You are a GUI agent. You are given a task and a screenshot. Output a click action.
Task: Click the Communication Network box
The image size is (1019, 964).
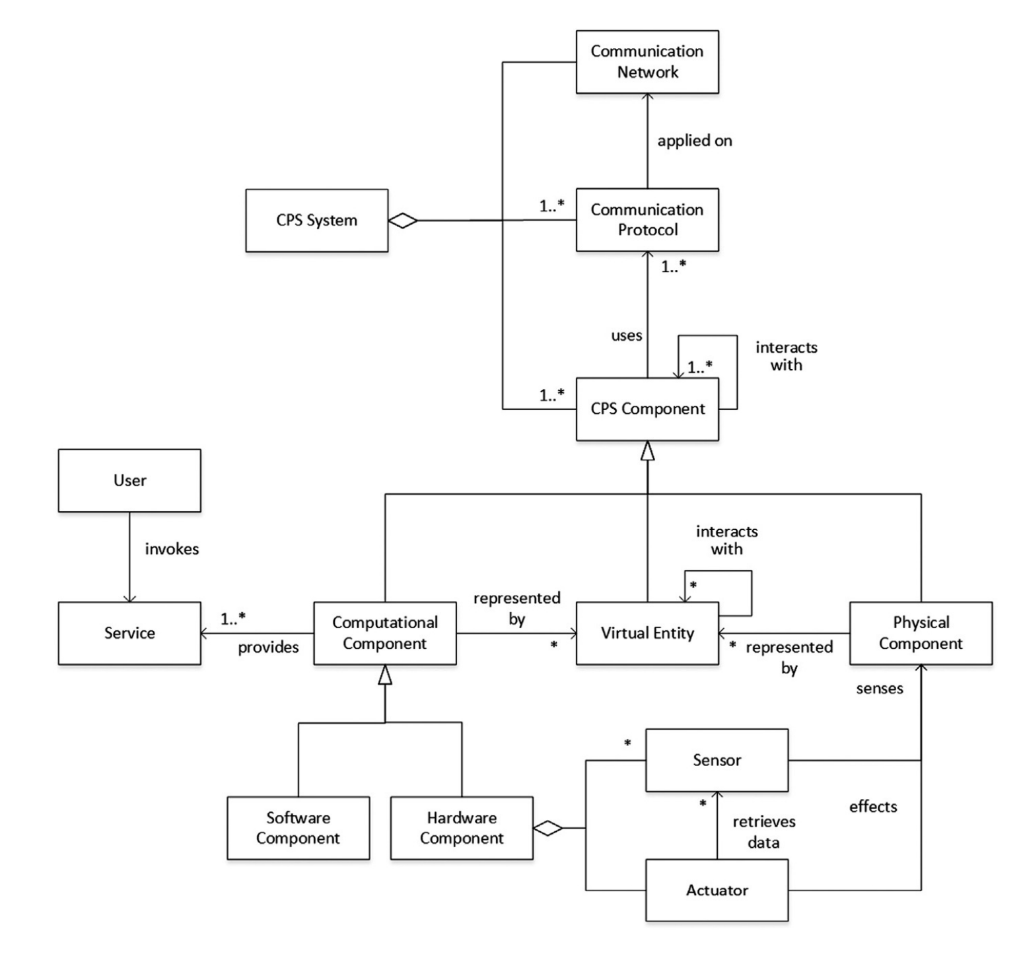point(647,61)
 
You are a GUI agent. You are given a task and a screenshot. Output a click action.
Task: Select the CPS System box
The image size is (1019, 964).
point(316,221)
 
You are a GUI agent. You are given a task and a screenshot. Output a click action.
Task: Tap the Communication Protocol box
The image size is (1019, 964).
point(647,220)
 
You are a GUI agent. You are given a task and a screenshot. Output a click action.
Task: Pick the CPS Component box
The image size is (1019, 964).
point(647,409)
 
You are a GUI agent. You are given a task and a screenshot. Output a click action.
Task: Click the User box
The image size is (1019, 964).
point(129,480)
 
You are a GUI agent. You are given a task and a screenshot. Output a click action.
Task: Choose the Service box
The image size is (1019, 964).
point(129,633)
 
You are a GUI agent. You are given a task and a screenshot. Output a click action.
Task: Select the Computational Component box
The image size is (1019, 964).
point(384,633)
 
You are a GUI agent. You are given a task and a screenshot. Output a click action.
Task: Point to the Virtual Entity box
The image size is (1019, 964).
point(647,633)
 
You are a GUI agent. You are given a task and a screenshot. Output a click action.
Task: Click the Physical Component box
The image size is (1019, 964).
point(920,633)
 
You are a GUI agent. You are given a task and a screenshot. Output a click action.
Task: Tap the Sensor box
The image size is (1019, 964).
point(717,760)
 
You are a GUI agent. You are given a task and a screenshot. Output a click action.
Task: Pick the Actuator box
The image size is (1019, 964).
point(717,890)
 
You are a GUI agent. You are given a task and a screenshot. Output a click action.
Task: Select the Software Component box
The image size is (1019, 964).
point(298,827)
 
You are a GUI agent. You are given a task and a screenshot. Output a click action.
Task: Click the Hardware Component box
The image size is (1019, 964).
point(461,827)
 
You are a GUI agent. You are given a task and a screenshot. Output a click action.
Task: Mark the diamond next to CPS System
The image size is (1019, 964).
point(403,221)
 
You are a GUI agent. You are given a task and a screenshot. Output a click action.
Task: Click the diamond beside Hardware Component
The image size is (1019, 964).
point(548,827)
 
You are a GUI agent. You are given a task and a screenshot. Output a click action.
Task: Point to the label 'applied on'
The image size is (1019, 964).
point(694,141)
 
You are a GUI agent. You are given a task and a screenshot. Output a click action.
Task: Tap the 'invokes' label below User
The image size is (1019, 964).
point(172,549)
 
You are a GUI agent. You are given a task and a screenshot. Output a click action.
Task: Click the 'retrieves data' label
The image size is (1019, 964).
point(763,832)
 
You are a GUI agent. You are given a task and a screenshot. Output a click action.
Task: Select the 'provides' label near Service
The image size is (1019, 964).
point(268,647)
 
